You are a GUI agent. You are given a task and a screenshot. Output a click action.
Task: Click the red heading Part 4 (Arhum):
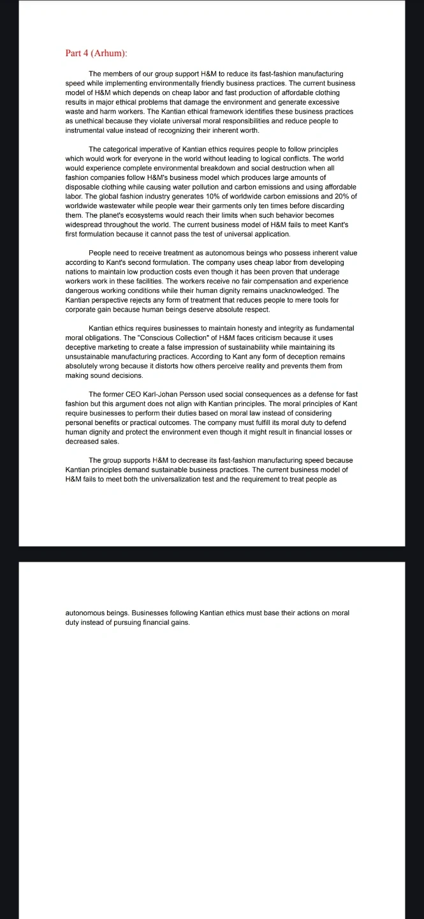[98, 53]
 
